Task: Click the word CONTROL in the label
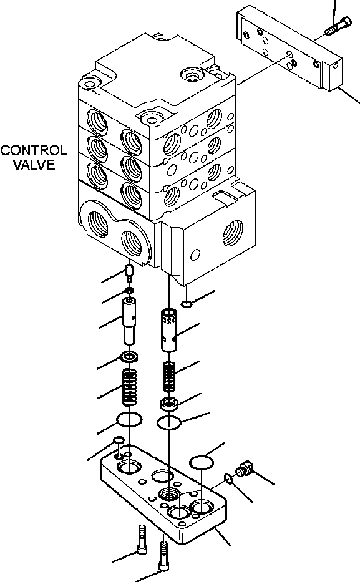(34, 151)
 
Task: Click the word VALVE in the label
(34, 165)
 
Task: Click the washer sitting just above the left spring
(130, 358)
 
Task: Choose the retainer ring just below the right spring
(170, 404)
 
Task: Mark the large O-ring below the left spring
(129, 419)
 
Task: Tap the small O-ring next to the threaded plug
(228, 479)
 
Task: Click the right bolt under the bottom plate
(165, 556)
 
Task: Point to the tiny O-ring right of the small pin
(187, 304)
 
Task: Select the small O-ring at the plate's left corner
(118, 443)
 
